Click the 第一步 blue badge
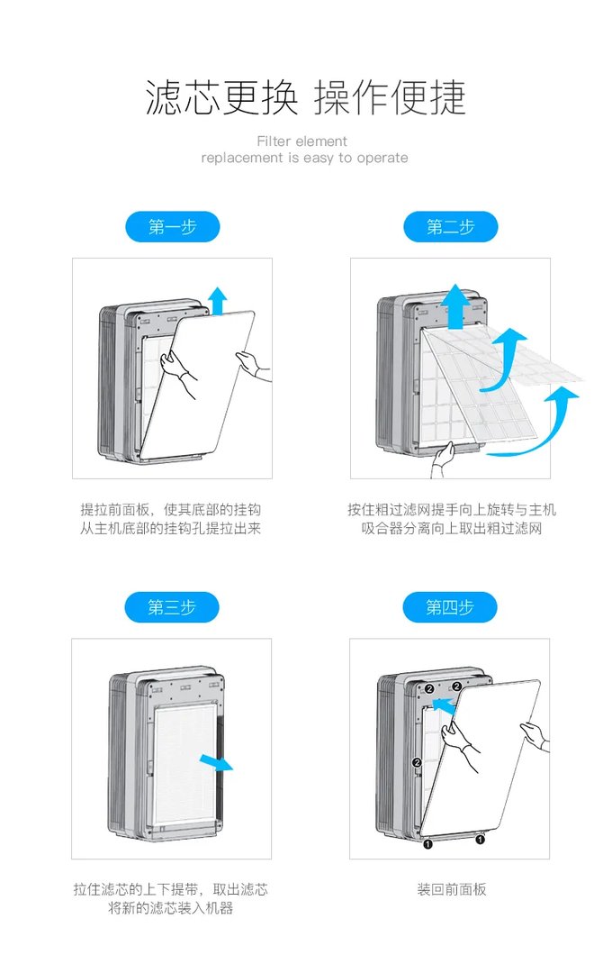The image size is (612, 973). pyautogui.click(x=172, y=227)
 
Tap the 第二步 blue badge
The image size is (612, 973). pyautogui.click(x=450, y=227)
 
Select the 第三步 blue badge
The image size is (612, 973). pyautogui.click(x=172, y=607)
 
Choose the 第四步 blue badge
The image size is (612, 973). pyautogui.click(x=450, y=607)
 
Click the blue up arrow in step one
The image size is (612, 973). pyautogui.click(x=217, y=299)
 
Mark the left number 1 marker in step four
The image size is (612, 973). pyautogui.click(x=427, y=844)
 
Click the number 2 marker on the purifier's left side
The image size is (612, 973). pyautogui.click(x=417, y=763)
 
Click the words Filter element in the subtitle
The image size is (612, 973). pyautogui.click(x=301, y=141)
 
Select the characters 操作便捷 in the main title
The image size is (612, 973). pyautogui.click(x=390, y=97)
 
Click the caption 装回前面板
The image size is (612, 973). pyautogui.click(x=451, y=889)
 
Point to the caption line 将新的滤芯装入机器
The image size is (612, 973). pyautogui.click(x=171, y=908)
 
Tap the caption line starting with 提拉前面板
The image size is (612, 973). pyautogui.click(x=171, y=510)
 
